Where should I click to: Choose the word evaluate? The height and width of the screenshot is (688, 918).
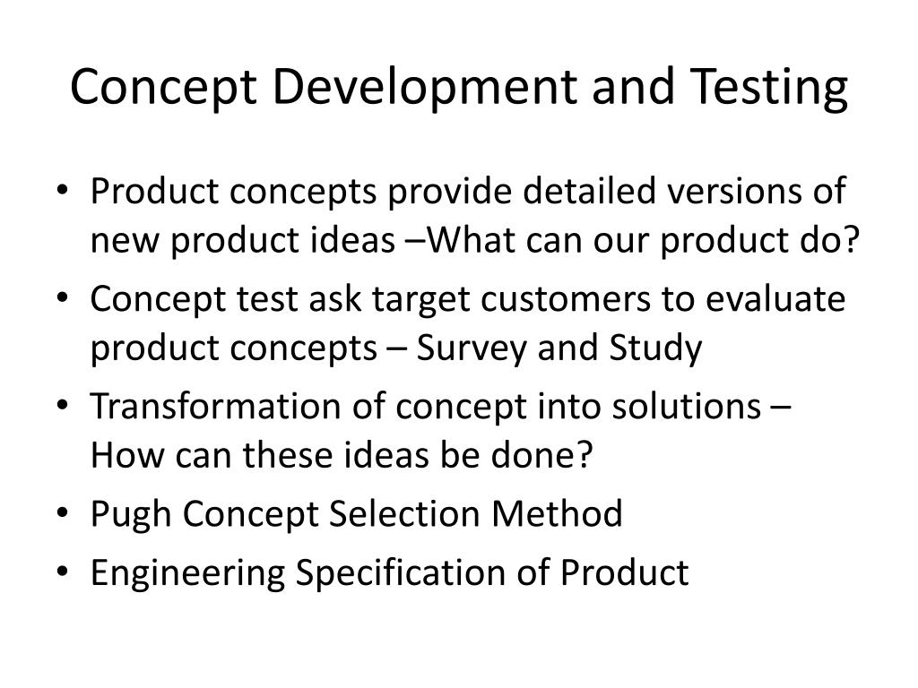pos(776,298)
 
